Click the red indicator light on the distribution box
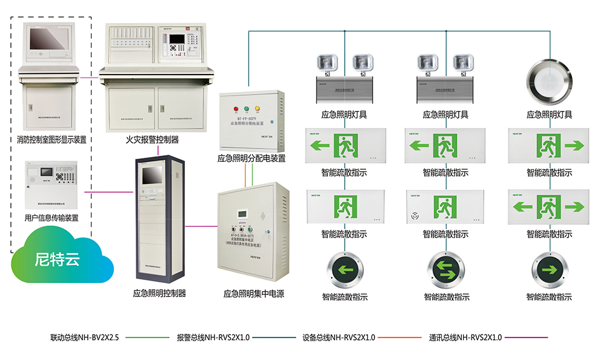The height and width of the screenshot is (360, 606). point(235,110)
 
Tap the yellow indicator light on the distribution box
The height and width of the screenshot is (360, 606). point(257,110)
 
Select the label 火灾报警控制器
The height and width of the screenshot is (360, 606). point(152,140)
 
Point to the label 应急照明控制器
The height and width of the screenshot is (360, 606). point(159,293)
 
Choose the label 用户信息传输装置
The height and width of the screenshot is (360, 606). point(52,217)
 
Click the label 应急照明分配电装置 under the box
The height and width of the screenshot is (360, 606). point(251,159)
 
